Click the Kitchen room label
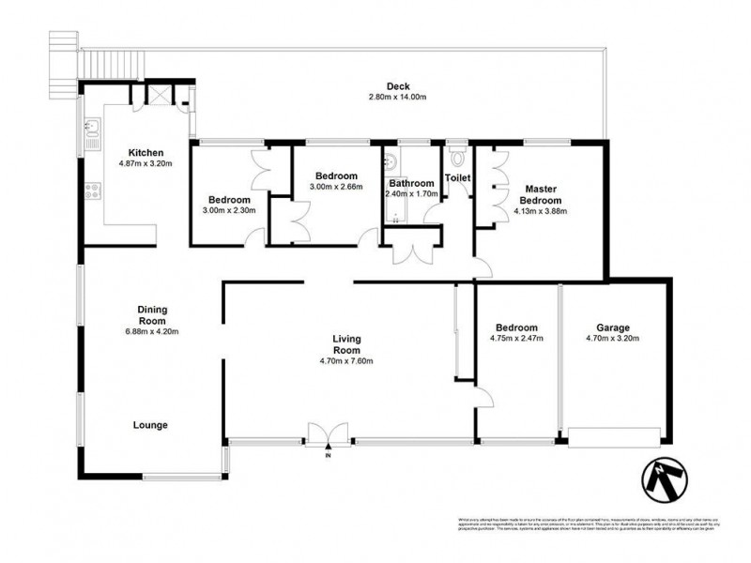point(146,153)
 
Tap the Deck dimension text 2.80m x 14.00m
point(398,97)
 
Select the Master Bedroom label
point(543,194)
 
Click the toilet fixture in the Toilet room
point(457,151)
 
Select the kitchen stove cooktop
point(92,192)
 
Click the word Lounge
point(150,425)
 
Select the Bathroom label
point(412,183)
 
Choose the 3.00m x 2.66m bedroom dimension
point(335,187)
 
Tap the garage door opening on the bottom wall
point(615,436)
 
